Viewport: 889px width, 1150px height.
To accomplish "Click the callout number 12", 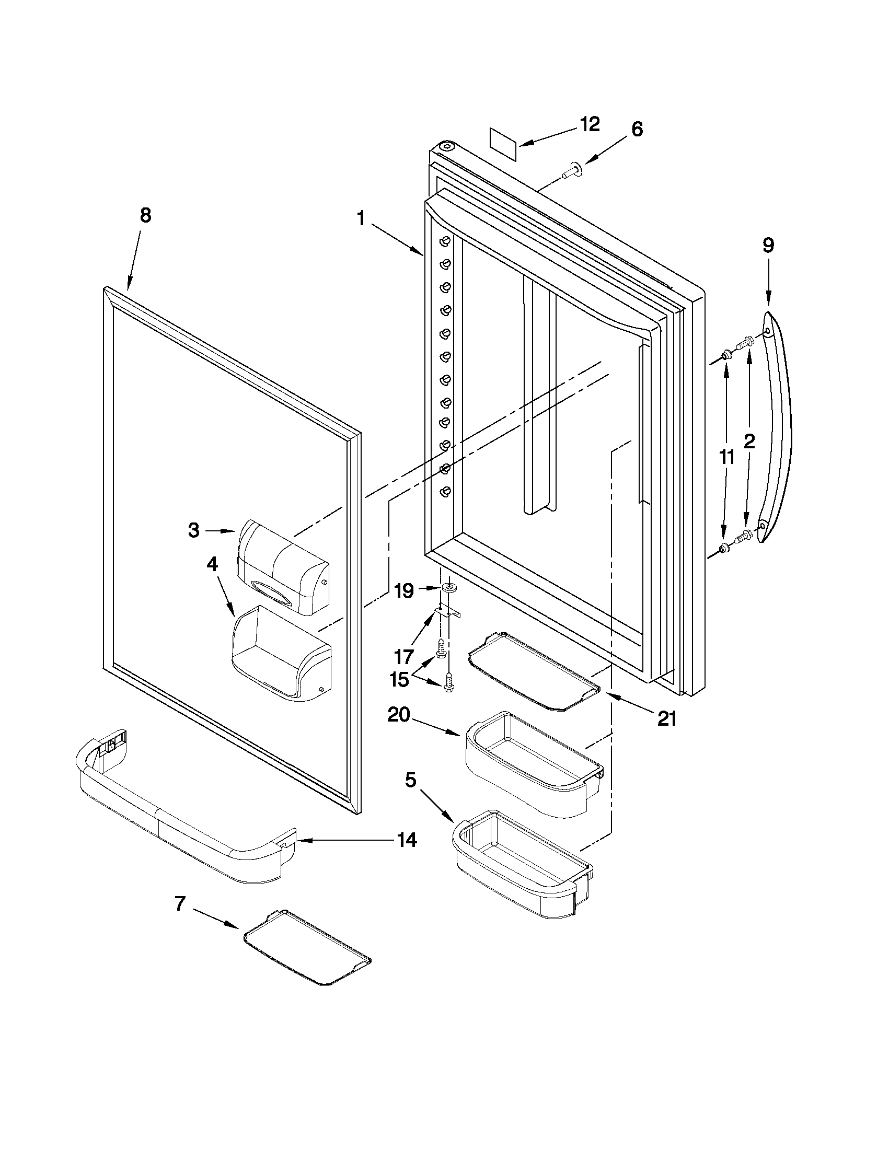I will click(590, 124).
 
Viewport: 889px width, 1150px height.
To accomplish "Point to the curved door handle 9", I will click(779, 426).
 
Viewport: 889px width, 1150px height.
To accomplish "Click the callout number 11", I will click(727, 457).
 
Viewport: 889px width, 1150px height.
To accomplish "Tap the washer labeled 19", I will click(450, 587).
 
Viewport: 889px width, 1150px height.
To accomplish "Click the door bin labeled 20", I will click(532, 761).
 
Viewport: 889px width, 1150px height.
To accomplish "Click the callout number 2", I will click(748, 442).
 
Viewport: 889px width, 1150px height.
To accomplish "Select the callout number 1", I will click(361, 218).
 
